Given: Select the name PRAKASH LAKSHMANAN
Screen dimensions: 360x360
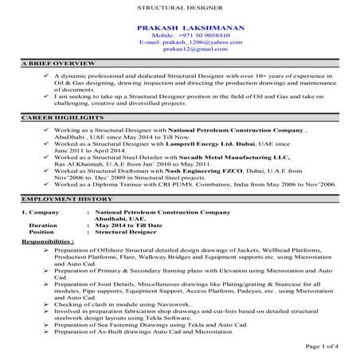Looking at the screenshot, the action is point(179,27).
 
